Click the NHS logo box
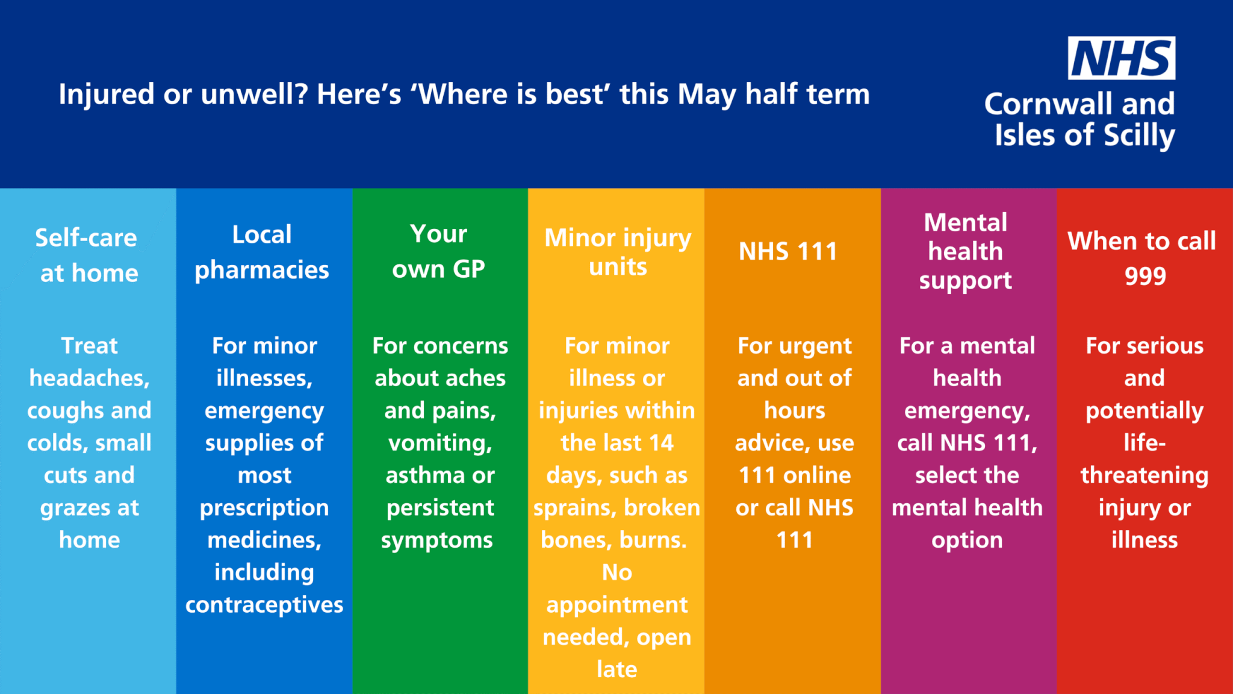pyautogui.click(x=1121, y=58)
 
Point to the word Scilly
pyautogui.click(x=1139, y=136)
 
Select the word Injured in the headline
pyautogui.click(x=107, y=95)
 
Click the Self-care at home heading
pyautogui.click(x=88, y=255)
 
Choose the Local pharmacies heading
pyautogui.click(x=262, y=252)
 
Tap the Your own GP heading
pyautogui.click(x=439, y=251)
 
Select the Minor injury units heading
pyautogui.click(x=618, y=252)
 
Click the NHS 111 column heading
pyautogui.click(x=788, y=252)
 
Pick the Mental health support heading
pyautogui.click(x=966, y=252)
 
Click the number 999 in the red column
pyautogui.click(x=1145, y=276)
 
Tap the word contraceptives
pyautogui.click(x=264, y=605)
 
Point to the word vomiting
pyautogui.click(x=441, y=443)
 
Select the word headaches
pyautogui.click(x=89, y=378)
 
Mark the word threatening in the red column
pyautogui.click(x=1144, y=476)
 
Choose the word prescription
pyautogui.click(x=264, y=508)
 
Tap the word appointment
pyautogui.click(x=617, y=605)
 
